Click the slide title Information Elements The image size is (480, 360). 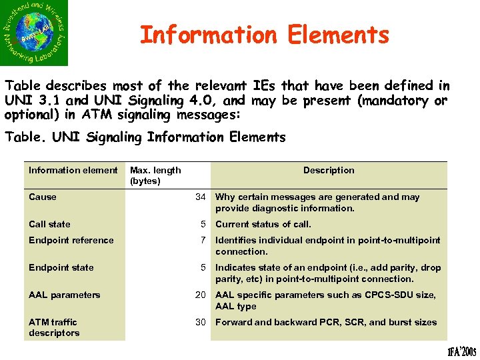tap(264, 35)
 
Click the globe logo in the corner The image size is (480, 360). tap(34, 33)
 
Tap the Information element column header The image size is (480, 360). tap(73, 170)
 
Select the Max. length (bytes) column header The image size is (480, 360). tap(155, 175)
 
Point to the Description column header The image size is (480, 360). tap(329, 170)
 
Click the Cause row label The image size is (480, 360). tap(43, 197)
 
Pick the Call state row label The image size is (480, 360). tap(49, 224)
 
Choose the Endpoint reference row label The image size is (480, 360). tap(71, 240)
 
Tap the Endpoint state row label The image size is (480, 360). tap(61, 267)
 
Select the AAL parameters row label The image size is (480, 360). tap(64, 295)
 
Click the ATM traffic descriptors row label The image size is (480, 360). tap(54, 327)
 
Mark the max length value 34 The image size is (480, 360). tap(200, 197)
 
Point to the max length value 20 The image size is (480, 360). tap(200, 295)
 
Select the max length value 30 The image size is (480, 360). tap(200, 322)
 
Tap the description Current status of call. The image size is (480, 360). tap(263, 224)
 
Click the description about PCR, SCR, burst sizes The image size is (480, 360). tap(326, 322)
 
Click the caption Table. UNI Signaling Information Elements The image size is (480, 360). tap(145, 137)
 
